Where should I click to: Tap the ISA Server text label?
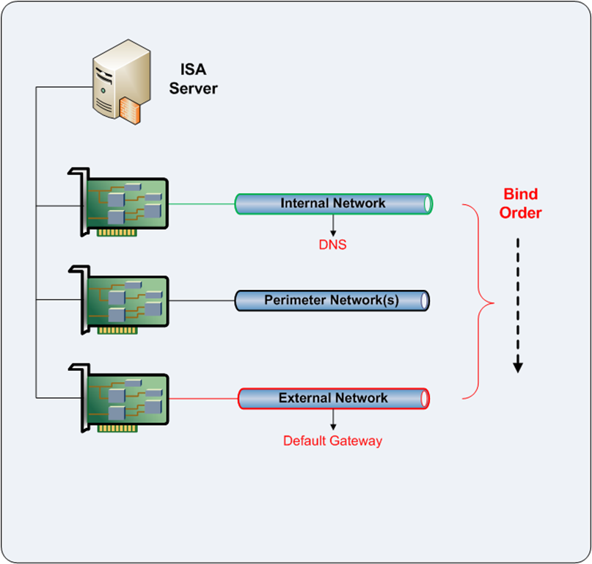(x=193, y=79)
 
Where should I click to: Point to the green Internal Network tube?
(x=332, y=203)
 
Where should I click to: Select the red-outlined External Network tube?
(x=333, y=398)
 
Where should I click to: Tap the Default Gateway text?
(x=333, y=441)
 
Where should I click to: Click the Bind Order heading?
(x=522, y=203)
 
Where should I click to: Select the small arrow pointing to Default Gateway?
(x=334, y=420)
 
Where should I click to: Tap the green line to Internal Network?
(x=201, y=203)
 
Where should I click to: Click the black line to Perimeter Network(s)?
(x=201, y=300)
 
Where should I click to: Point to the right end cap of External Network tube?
(x=424, y=398)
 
